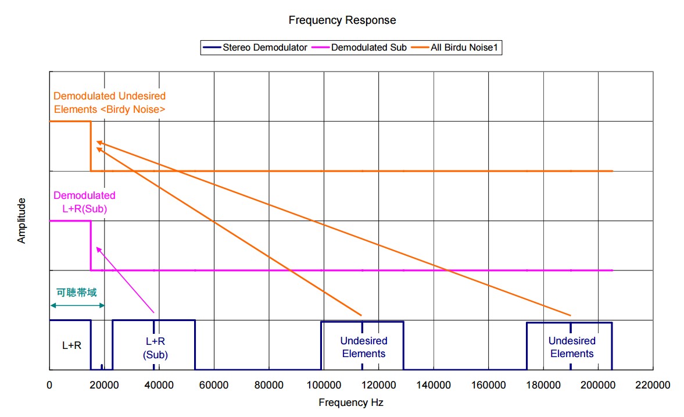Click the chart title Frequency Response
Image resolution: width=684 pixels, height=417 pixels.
tap(342, 20)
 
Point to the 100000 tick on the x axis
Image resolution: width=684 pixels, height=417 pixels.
tap(323, 385)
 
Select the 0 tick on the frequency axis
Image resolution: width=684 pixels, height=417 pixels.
tap(49, 385)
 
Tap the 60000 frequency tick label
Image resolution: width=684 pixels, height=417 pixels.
tap(214, 385)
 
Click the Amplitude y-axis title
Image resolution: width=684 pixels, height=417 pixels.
tap(22, 221)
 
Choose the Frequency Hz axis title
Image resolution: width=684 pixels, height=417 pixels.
tap(350, 402)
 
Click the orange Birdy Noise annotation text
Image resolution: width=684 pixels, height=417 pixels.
tap(109, 102)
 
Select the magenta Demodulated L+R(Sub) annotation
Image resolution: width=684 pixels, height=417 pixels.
tap(84, 202)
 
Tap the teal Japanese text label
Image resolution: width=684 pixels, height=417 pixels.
tap(76, 293)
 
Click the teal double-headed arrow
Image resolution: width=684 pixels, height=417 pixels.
tap(77, 306)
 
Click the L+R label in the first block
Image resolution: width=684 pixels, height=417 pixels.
tap(71, 345)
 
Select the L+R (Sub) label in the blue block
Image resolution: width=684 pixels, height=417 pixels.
tap(155, 348)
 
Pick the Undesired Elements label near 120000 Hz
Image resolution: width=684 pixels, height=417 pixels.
tap(363, 347)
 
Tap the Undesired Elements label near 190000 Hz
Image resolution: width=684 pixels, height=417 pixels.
tap(572, 347)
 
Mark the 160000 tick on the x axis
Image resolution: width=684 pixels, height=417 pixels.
tap(488, 385)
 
